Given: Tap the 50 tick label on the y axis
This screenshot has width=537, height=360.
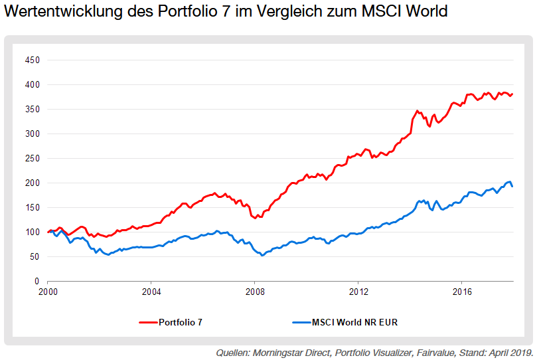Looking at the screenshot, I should [x=35, y=257].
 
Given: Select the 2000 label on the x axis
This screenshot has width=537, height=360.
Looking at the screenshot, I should [x=48, y=292].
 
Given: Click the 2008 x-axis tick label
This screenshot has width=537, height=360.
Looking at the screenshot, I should [x=255, y=292].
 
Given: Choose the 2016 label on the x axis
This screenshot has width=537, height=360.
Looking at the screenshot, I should [x=462, y=292].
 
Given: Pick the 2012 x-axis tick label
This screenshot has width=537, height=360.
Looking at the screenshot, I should [x=358, y=292].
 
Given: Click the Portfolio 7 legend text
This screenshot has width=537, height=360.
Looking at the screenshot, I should [x=181, y=323].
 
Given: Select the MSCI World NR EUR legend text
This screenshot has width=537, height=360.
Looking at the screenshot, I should [x=355, y=323].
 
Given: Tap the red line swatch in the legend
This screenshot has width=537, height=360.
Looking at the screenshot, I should [x=148, y=323].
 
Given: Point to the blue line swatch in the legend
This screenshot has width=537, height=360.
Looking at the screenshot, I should [x=302, y=323].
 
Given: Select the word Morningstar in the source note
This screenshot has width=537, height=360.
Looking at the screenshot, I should [x=276, y=353].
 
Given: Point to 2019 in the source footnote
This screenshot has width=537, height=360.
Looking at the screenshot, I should [x=520, y=353].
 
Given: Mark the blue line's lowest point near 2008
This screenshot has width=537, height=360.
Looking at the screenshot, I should [x=263, y=255].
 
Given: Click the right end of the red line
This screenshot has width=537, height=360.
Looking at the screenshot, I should [x=512, y=94].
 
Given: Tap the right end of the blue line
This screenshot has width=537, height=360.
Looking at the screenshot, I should [x=512, y=186].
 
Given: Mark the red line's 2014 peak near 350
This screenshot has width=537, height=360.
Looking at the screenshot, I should [x=417, y=111].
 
